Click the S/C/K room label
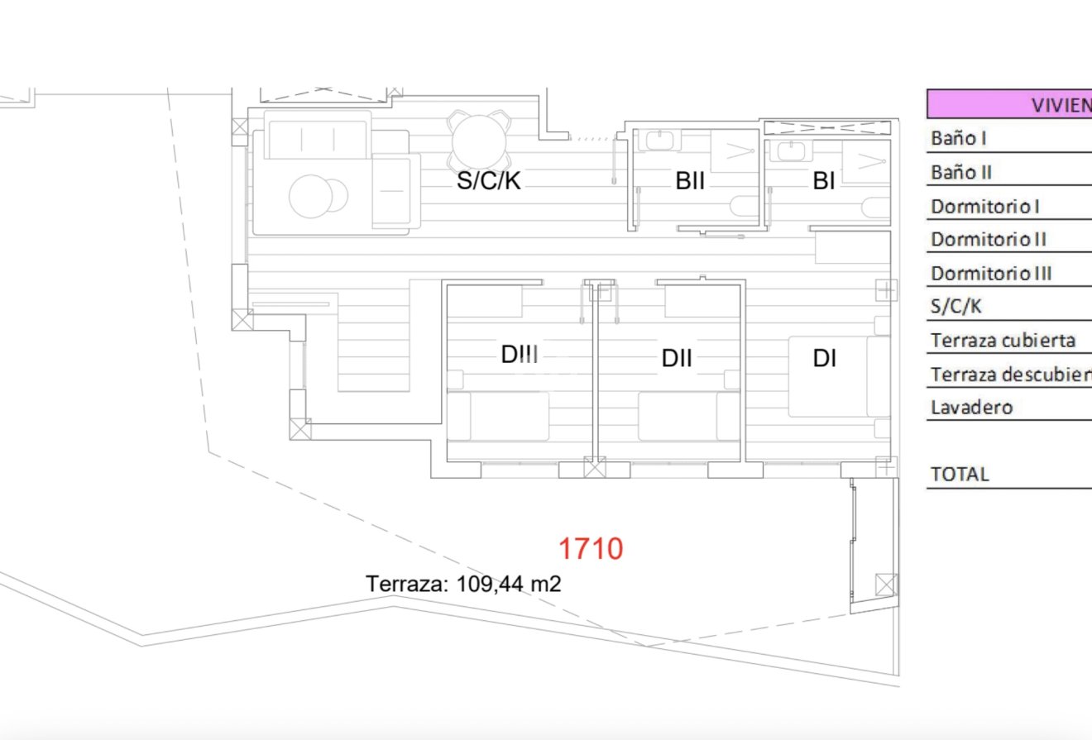489,181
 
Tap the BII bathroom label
690,181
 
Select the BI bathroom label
823,181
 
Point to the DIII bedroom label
520,354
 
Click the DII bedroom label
677,358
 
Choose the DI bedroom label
824,358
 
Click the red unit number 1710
590,548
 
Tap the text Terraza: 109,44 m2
463,585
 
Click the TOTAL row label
960,475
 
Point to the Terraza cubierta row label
1003,340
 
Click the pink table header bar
1009,104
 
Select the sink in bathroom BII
660,141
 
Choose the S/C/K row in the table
956,307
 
